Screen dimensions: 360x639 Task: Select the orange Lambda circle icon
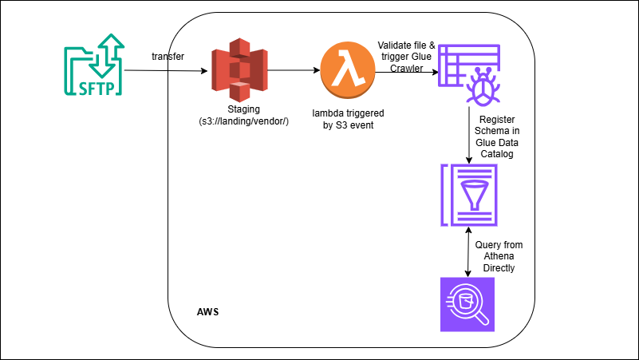pos(347,70)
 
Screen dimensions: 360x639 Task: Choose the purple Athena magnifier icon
pos(468,303)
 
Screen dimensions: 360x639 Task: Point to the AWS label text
pos(207,310)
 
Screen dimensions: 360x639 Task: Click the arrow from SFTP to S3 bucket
pos(167,71)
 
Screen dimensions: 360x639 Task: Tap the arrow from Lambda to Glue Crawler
pos(407,71)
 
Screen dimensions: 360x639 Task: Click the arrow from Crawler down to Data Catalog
pos(469,136)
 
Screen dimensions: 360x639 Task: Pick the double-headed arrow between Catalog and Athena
pos(468,251)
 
